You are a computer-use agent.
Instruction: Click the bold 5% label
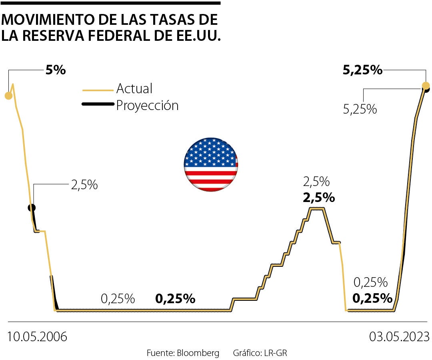point(55,70)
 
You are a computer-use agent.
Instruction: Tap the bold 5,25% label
point(362,70)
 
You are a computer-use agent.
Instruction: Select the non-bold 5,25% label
point(360,109)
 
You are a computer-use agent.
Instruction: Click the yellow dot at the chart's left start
point(8,95)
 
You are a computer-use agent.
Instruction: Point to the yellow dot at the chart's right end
point(426,85)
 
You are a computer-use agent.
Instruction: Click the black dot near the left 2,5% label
point(32,208)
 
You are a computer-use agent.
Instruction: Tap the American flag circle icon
point(211,164)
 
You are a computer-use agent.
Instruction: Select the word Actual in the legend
point(134,88)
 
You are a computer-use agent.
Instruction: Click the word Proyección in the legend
point(147,106)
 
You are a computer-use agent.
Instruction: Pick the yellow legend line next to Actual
point(98,90)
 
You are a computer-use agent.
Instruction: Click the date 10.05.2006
point(37,336)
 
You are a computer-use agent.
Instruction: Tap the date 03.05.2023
point(399,336)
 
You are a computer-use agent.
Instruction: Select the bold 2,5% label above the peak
point(319,197)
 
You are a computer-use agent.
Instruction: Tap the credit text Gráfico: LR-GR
point(260,353)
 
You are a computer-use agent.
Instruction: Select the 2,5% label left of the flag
point(84,185)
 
